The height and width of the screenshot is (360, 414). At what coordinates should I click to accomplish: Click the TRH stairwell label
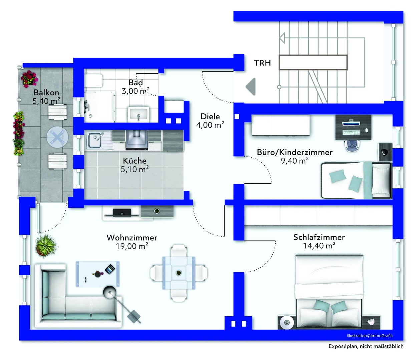tap(262, 63)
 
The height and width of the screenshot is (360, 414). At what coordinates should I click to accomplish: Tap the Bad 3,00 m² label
tap(135, 87)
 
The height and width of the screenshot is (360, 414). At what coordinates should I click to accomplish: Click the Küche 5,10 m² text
tap(134, 165)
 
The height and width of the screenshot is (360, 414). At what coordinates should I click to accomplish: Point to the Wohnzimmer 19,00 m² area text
tap(132, 242)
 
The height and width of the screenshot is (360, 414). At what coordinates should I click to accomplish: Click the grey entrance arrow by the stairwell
tap(251, 87)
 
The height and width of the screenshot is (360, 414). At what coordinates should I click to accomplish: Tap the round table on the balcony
tap(57, 137)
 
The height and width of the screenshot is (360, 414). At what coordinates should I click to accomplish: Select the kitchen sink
tap(94, 140)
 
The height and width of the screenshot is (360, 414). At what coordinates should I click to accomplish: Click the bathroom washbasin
tap(138, 114)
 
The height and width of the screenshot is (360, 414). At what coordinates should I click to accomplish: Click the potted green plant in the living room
tap(46, 246)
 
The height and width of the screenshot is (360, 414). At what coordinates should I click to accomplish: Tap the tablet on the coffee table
tap(110, 269)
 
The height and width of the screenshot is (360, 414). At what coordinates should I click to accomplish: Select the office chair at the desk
tap(352, 145)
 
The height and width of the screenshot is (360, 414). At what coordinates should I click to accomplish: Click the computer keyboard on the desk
tap(352, 132)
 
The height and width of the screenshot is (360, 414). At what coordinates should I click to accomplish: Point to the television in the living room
tap(122, 212)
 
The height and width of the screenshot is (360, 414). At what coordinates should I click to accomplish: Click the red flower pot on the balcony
tap(29, 78)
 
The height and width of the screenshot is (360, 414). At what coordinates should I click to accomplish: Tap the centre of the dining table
tap(178, 273)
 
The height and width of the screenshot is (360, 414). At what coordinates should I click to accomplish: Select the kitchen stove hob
tap(136, 140)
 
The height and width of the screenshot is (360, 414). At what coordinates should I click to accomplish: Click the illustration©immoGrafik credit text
tap(370, 336)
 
